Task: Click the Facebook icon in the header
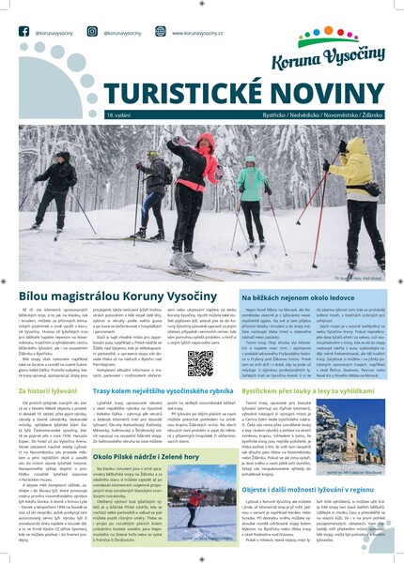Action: tap(24, 31)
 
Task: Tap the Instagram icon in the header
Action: tap(97, 31)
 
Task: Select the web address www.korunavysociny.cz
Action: tap(203, 32)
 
